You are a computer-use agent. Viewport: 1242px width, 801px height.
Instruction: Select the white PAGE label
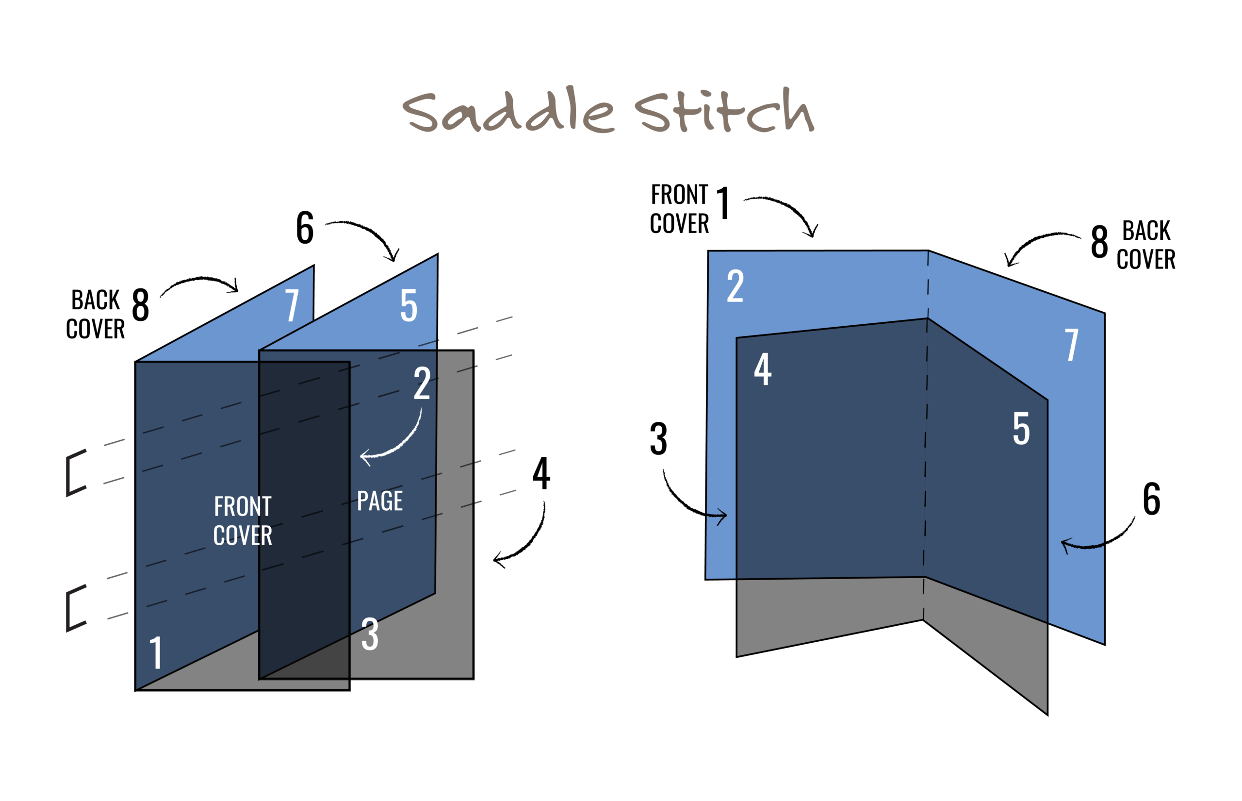pyautogui.click(x=380, y=501)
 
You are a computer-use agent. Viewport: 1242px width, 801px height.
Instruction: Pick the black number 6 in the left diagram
pyautogui.click(x=305, y=228)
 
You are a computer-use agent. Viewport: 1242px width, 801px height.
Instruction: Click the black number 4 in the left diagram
pyautogui.click(x=541, y=473)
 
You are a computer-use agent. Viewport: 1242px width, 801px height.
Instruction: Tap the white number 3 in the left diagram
pyautogui.click(x=370, y=634)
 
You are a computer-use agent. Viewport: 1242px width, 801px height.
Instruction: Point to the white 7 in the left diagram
pyautogui.click(x=292, y=305)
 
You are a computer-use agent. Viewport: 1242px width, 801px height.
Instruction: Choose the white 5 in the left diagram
pyautogui.click(x=409, y=305)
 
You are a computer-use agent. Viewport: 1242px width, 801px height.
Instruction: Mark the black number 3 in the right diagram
pyautogui.click(x=658, y=439)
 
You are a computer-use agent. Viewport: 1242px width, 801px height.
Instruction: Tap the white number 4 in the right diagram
pyautogui.click(x=762, y=369)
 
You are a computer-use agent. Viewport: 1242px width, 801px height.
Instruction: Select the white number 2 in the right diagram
pyautogui.click(x=735, y=285)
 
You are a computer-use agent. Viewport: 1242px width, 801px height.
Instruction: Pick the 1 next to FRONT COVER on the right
pyautogui.click(x=723, y=203)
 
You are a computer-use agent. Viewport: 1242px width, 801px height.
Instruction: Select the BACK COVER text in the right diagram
pyautogui.click(x=1146, y=245)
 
